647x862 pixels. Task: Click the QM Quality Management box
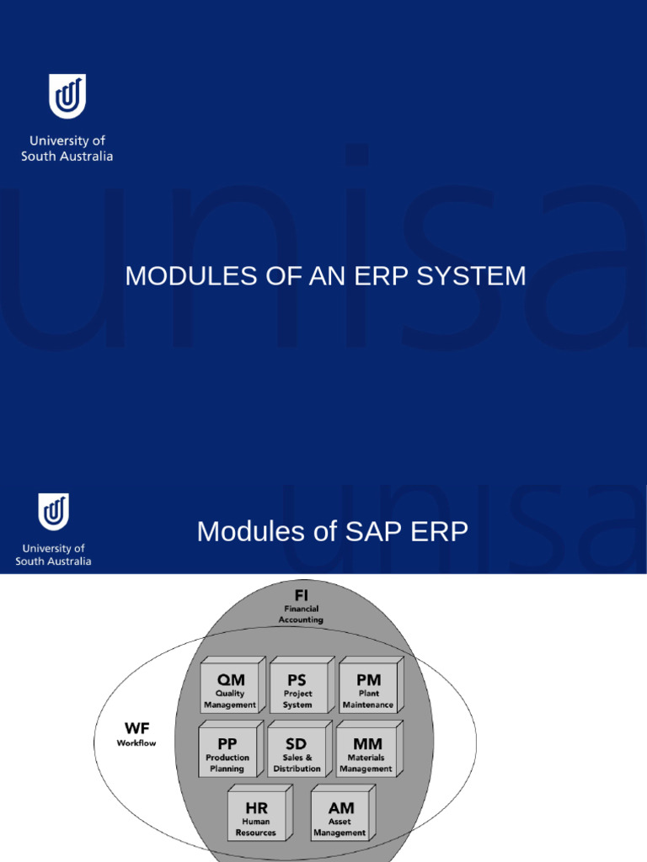coord(230,689)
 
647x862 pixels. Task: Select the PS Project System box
coord(297,689)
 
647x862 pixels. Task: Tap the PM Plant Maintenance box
coord(368,689)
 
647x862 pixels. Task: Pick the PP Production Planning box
coord(227,752)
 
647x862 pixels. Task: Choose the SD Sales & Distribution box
coord(297,752)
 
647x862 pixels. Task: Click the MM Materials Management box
coord(366,752)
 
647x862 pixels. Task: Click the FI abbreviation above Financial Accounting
coord(301,594)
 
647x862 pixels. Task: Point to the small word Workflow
coord(136,743)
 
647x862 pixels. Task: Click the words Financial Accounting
coord(301,614)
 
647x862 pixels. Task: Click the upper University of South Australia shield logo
coord(67,96)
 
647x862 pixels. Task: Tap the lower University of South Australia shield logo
coord(54,512)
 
